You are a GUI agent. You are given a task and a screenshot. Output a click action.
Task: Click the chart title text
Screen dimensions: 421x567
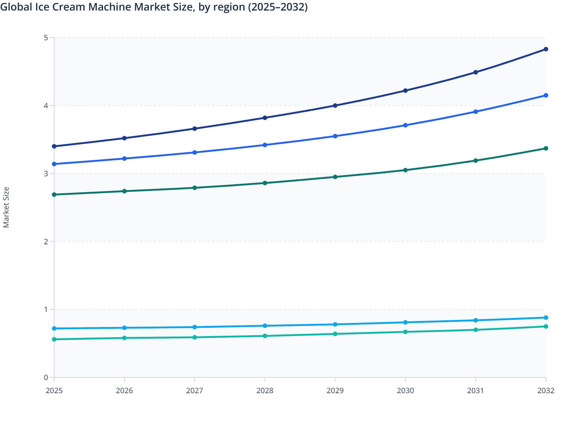(154, 7)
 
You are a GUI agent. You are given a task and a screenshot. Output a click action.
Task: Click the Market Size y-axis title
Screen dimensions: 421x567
(6, 207)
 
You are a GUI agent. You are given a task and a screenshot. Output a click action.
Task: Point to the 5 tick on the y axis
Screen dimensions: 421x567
(46, 38)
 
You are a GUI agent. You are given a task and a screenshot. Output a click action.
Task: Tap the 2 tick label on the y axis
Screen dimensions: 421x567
(46, 242)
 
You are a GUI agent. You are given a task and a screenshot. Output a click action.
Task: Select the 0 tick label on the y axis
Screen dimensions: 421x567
(46, 378)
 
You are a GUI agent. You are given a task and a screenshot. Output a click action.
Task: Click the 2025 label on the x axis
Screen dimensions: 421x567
(54, 391)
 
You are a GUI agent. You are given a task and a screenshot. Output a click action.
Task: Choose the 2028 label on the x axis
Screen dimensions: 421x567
(265, 391)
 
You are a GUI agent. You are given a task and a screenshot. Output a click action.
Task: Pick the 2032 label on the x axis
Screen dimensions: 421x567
(546, 391)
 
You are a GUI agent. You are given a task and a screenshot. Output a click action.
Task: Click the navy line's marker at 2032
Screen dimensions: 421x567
(546, 49)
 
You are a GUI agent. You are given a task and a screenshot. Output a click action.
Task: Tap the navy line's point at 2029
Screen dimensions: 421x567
(335, 106)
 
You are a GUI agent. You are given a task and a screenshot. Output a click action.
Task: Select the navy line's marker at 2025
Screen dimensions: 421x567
(54, 146)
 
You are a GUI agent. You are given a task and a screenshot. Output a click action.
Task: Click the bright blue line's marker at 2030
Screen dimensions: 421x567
(405, 125)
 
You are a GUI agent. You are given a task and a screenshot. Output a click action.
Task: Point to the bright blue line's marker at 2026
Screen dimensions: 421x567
(124, 159)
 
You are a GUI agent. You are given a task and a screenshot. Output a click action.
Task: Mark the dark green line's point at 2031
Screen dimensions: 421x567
(476, 161)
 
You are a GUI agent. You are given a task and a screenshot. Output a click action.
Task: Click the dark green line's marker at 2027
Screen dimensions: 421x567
(195, 188)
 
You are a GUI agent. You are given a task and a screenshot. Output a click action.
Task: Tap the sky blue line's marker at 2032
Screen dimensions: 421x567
(546, 318)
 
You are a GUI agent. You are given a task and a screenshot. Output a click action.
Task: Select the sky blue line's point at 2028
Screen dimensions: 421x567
(265, 326)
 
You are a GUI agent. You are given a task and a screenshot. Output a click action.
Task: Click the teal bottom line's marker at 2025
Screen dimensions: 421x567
(54, 339)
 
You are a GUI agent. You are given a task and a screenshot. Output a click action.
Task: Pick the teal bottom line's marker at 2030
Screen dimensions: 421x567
(405, 332)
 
